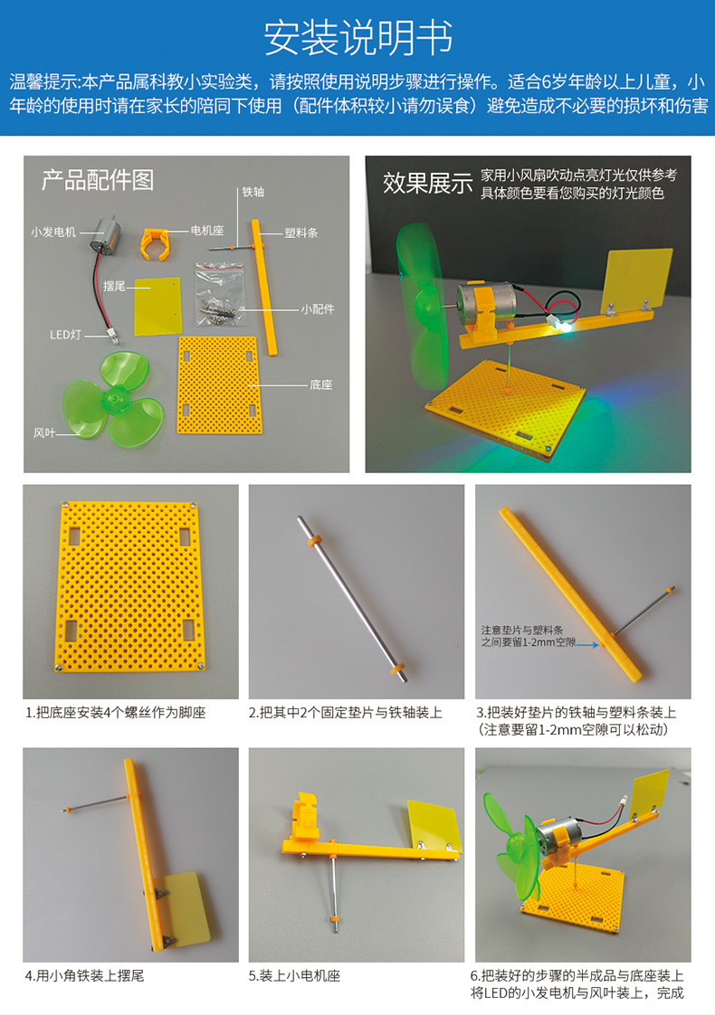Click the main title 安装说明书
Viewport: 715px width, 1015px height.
(357, 38)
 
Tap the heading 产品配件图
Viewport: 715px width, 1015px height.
(98, 180)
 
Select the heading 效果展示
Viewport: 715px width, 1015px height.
(427, 184)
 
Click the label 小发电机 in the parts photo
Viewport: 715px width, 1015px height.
(53, 232)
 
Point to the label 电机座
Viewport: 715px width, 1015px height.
(207, 231)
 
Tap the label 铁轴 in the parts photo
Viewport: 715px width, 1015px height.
(253, 192)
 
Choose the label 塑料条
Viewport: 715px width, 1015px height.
(301, 233)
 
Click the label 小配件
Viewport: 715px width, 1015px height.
(318, 309)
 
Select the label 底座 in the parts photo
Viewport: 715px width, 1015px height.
(320, 384)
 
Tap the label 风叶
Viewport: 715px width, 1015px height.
(44, 432)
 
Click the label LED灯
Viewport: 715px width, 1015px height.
(66, 335)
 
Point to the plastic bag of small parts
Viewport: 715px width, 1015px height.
(220, 295)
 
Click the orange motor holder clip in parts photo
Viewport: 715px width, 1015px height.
(156, 244)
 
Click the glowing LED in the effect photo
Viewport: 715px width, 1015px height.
(566, 328)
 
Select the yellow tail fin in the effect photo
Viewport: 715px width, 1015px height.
(636, 280)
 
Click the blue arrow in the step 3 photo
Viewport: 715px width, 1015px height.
(587, 645)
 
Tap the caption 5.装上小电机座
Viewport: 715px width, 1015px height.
(295, 975)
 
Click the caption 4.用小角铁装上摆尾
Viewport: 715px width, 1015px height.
(84, 975)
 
